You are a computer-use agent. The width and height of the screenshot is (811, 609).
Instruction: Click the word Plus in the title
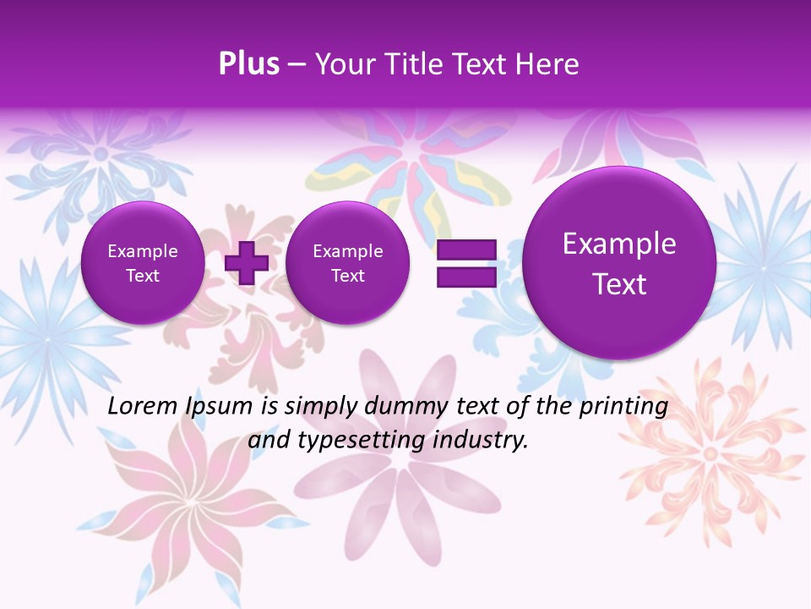[x=248, y=64]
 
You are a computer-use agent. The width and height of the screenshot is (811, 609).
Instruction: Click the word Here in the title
[x=548, y=64]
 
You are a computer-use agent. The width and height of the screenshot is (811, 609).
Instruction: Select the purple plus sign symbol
[x=246, y=263]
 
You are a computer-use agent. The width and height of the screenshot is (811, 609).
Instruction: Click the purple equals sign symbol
[x=466, y=263]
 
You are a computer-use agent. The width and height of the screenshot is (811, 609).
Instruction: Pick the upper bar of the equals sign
[x=466, y=250]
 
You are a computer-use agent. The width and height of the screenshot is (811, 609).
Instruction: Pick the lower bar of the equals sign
[x=466, y=277]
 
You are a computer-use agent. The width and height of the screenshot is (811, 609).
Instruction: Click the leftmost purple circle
[x=143, y=263]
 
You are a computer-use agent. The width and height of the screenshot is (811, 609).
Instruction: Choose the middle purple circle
[x=347, y=263]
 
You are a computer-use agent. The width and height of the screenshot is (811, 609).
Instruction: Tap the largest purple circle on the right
[x=619, y=263]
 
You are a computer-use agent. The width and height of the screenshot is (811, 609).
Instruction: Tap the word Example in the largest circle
[x=619, y=244]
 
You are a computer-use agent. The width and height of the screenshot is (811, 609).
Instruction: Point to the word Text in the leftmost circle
[x=143, y=276]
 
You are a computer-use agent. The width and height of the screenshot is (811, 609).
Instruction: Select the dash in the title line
[x=297, y=64]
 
